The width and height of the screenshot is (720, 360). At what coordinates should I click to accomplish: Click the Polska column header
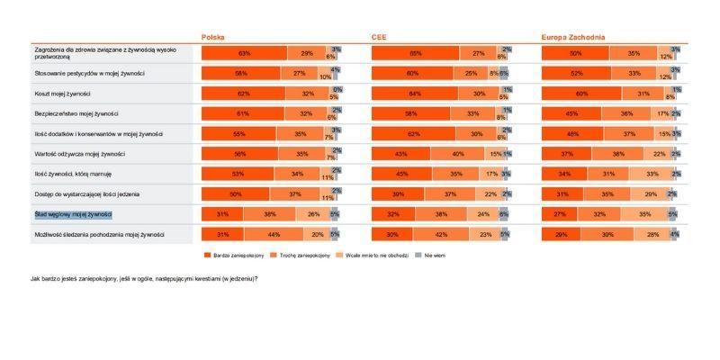pyautogui.click(x=212, y=38)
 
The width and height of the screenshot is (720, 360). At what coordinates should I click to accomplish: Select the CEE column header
pyautogui.click(x=379, y=38)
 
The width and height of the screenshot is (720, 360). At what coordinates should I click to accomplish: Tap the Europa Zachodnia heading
pyautogui.click(x=572, y=38)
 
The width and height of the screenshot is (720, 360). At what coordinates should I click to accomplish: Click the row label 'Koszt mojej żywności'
pyautogui.click(x=62, y=94)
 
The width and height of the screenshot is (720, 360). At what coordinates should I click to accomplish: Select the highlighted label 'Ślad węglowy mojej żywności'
pyautogui.click(x=73, y=214)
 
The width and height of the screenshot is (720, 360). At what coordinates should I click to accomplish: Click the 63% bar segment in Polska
pyautogui.click(x=244, y=54)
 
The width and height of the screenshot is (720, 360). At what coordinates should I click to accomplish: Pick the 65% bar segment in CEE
pyautogui.click(x=415, y=54)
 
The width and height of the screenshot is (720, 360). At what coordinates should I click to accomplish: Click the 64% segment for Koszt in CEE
pyautogui.click(x=414, y=94)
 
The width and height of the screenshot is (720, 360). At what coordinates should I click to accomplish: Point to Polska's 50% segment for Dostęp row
pyautogui.click(x=235, y=193)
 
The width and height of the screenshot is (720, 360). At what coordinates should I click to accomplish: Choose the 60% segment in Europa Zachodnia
pyautogui.click(x=581, y=94)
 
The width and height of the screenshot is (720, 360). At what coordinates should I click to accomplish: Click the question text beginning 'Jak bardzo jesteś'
pyautogui.click(x=144, y=278)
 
